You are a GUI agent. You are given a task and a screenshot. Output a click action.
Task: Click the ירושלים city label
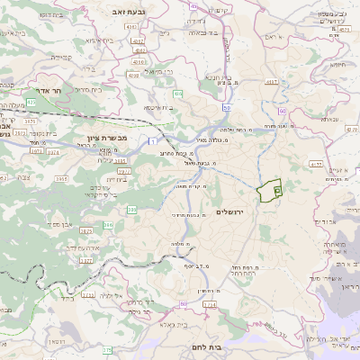231,211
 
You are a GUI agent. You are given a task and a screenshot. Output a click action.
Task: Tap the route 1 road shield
154,142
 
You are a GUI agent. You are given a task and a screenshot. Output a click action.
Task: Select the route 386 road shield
132,210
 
